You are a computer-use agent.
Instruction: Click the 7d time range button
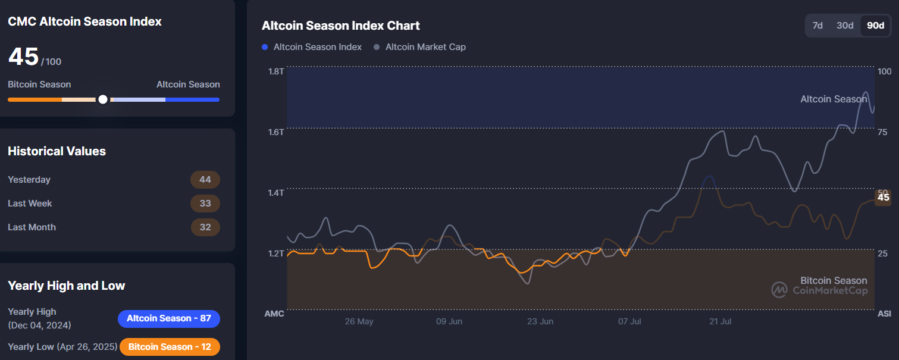[x=817, y=25]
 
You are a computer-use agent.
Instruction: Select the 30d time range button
[x=845, y=25]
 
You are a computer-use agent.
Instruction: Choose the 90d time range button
[x=875, y=25]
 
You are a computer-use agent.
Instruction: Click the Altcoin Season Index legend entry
[x=312, y=46]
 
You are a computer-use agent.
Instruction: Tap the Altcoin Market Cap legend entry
[x=420, y=46]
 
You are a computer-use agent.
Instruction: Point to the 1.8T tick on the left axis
[x=276, y=71]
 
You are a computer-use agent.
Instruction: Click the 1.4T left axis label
[x=276, y=193]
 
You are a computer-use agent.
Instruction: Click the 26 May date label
[x=359, y=321]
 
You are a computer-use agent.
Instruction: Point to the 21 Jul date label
[x=721, y=321]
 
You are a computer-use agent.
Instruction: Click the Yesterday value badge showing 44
[x=205, y=180]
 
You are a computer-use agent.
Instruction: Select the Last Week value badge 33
[x=205, y=204]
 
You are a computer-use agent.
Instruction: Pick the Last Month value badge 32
[x=205, y=227]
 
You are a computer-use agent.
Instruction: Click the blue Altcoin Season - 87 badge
[x=169, y=318]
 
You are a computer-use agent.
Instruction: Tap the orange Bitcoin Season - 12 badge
[x=170, y=347]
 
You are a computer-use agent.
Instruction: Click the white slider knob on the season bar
[x=103, y=99]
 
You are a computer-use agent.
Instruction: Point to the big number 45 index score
[x=23, y=57]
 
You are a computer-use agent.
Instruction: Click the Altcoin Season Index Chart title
[x=341, y=26]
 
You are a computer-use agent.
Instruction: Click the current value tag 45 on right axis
[x=884, y=198]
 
